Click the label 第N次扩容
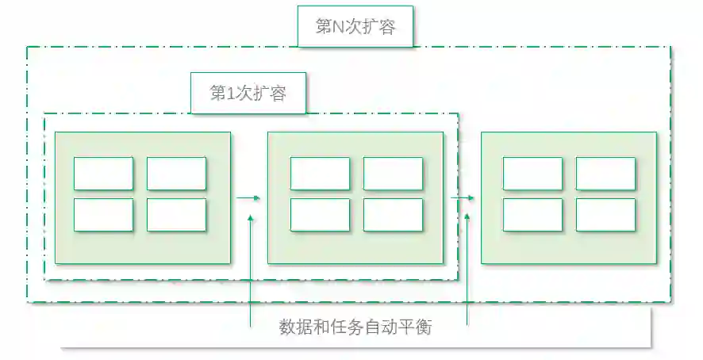[x=355, y=27]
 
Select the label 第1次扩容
[x=248, y=93]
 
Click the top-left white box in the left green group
[x=103, y=174]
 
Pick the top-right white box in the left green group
[x=176, y=174]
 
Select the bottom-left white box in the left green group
[x=103, y=214]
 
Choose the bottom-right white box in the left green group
[x=176, y=214]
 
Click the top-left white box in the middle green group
[x=320, y=174]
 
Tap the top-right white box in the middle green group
[x=393, y=174]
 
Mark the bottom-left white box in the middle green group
[x=320, y=214]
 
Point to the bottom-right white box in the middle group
[x=393, y=214]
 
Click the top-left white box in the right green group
[x=532, y=174]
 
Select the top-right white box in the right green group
[x=605, y=174]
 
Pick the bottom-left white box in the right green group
[x=532, y=214]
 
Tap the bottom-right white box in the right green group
[x=605, y=214]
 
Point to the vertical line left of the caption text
[x=250, y=270]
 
